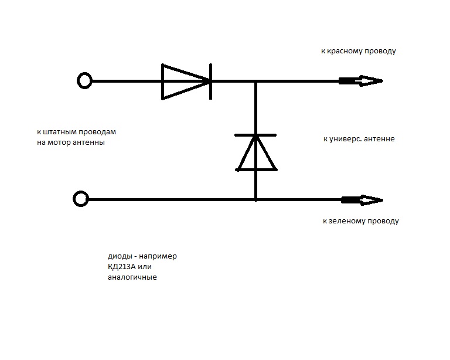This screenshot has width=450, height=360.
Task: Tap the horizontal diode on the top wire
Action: pos(186,82)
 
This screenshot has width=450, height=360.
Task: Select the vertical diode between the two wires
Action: pos(255,152)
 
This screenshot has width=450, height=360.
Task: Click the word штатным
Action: pos(60,132)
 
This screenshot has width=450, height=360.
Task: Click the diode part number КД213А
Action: pos(122,267)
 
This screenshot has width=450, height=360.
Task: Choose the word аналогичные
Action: pos(132,277)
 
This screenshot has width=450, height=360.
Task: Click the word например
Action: pos(158,256)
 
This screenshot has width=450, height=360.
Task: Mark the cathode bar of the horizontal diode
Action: pos(211,82)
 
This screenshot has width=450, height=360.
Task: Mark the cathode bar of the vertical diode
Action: pos(255,135)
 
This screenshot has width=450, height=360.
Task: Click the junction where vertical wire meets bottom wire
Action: pos(255,199)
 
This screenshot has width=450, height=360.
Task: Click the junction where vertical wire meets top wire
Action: pos(255,81)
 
